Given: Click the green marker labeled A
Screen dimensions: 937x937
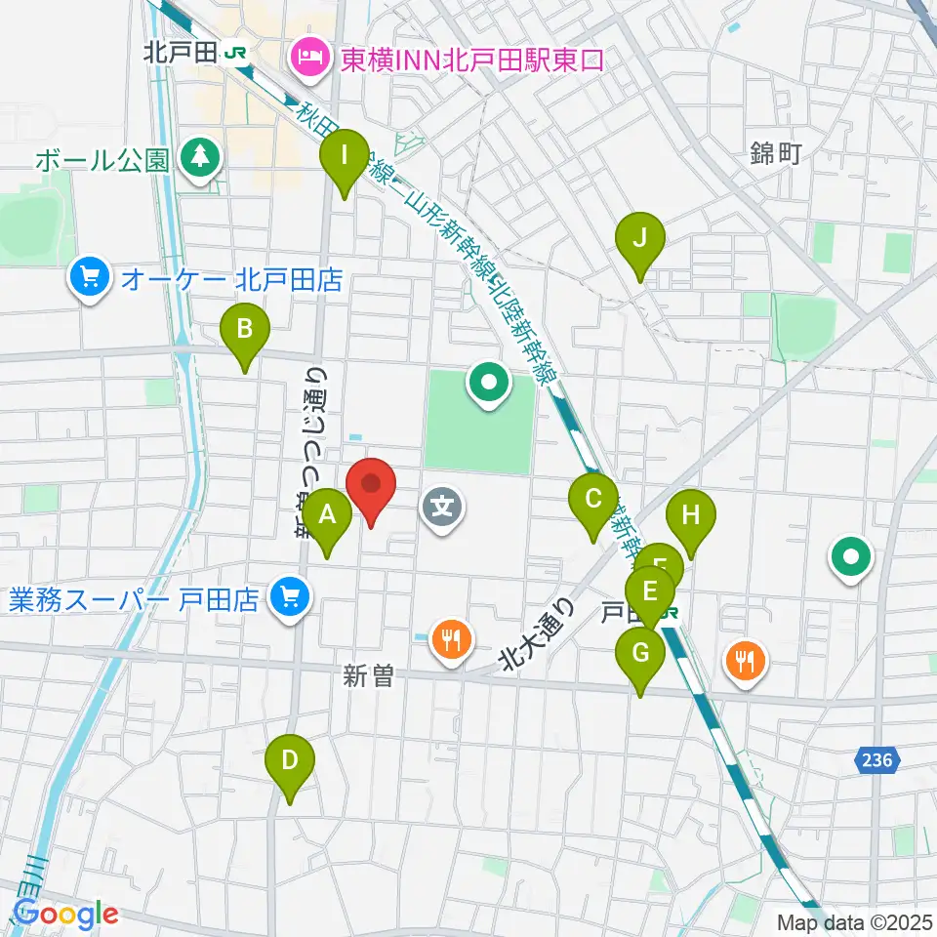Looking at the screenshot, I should click(x=327, y=514).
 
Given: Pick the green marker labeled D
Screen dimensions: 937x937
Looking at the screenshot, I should click(x=290, y=760).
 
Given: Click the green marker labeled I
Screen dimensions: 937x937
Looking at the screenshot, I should click(x=345, y=155).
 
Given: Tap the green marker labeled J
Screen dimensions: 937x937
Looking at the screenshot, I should click(x=640, y=238).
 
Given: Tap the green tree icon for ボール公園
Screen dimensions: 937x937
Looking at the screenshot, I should click(x=201, y=156).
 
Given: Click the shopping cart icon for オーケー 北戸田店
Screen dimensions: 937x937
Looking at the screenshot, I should click(x=91, y=280).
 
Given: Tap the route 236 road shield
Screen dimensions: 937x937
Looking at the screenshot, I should click(x=878, y=759).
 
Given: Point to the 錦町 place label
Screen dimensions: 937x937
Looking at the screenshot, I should click(x=776, y=152).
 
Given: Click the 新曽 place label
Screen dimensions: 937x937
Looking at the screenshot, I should click(x=368, y=675).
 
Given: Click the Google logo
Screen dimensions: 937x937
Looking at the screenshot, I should click(x=65, y=915).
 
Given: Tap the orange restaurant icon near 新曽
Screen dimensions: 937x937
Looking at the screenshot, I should click(x=450, y=640).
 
